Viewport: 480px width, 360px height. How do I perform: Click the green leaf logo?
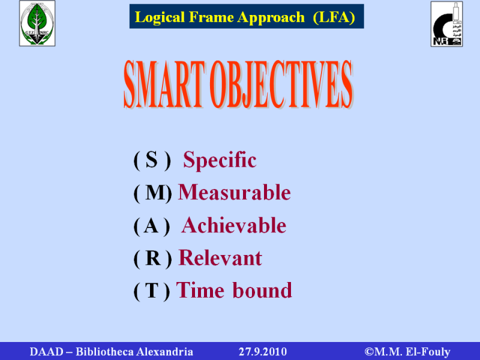(x=37, y=23)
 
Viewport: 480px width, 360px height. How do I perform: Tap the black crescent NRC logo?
(x=446, y=24)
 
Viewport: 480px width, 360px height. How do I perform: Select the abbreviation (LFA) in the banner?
(x=334, y=17)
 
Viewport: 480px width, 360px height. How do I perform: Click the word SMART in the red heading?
(x=164, y=84)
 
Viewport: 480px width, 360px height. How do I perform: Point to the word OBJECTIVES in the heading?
(x=281, y=84)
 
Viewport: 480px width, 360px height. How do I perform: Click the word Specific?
(x=220, y=160)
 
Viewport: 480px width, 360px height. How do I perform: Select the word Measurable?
(x=234, y=192)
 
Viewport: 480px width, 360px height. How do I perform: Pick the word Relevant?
(x=220, y=258)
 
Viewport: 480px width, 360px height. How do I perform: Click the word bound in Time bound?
(x=262, y=290)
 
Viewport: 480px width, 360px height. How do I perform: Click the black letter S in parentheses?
(x=152, y=160)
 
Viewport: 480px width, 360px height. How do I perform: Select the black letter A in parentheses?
(x=151, y=226)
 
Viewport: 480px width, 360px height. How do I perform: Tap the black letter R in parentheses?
(x=153, y=258)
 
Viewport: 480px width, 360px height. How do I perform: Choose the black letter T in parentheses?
(x=152, y=290)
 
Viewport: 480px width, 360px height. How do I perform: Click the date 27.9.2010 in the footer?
(x=263, y=352)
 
